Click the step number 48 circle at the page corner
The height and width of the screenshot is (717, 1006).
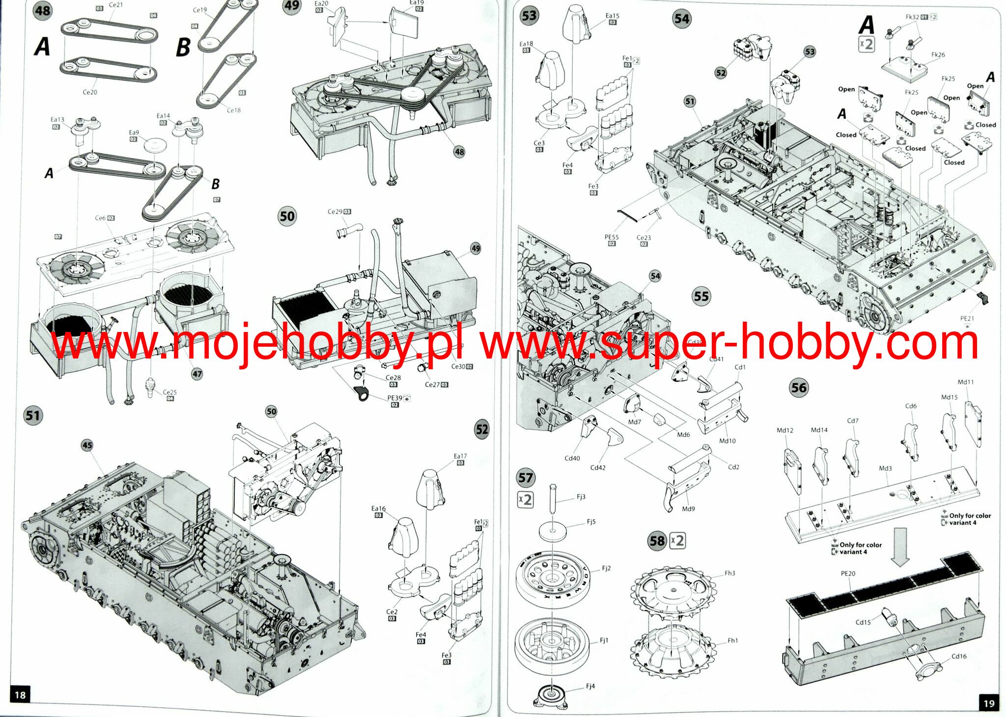pyautogui.click(x=43, y=10)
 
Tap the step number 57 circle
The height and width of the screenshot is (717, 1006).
pyautogui.click(x=526, y=478)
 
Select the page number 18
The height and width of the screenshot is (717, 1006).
pyautogui.click(x=20, y=695)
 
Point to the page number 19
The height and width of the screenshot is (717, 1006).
pyautogui.click(x=989, y=703)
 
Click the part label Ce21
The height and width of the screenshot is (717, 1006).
pyautogui.click(x=116, y=5)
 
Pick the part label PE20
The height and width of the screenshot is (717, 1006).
pyautogui.click(x=848, y=574)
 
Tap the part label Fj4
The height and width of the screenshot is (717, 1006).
pyautogui.click(x=590, y=686)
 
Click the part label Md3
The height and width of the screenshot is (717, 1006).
pyautogui.click(x=885, y=469)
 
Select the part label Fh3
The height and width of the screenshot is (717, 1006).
pyautogui.click(x=730, y=573)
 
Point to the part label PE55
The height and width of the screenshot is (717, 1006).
pyautogui.click(x=612, y=237)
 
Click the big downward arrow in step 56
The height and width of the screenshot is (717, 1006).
pyautogui.click(x=900, y=546)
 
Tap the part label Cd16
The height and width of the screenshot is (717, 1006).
pyautogui.click(x=959, y=656)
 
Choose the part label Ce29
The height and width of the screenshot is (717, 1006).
pyautogui.click(x=335, y=212)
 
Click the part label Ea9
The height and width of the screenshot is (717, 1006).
pyautogui.click(x=134, y=133)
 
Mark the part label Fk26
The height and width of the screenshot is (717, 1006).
pyautogui.click(x=938, y=55)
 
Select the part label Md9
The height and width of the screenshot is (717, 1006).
pyautogui.click(x=688, y=509)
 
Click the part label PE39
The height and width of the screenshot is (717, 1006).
pyautogui.click(x=395, y=398)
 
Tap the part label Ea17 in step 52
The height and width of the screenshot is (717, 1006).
pyautogui.click(x=460, y=456)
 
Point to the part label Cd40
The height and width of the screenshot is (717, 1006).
pyautogui.click(x=572, y=458)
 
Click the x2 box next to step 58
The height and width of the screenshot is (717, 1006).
pyautogui.click(x=677, y=541)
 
